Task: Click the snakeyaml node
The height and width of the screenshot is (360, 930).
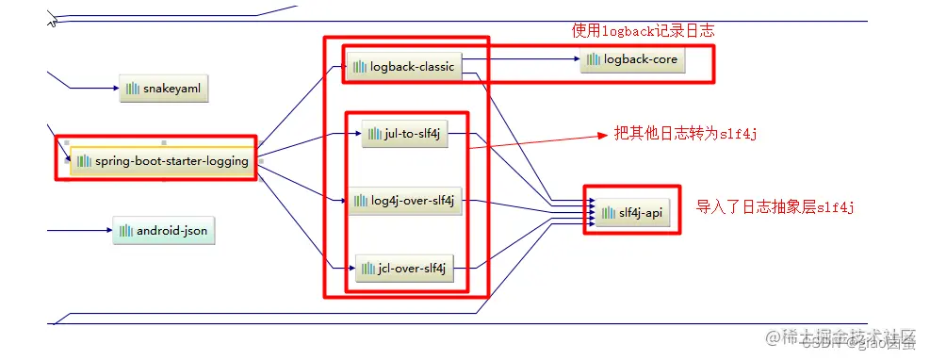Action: click(x=163, y=89)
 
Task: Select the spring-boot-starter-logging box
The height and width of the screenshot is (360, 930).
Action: click(x=161, y=160)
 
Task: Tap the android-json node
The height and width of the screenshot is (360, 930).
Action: click(x=165, y=230)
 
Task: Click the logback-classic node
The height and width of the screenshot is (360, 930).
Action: click(x=402, y=67)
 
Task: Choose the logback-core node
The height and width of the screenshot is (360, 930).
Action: click(x=631, y=60)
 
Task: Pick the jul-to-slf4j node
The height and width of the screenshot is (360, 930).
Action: click(x=404, y=134)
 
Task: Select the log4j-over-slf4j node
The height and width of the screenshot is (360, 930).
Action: click(x=405, y=201)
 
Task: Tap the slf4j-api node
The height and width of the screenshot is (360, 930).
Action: click(x=630, y=214)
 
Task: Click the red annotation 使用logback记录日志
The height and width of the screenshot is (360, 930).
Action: click(x=643, y=31)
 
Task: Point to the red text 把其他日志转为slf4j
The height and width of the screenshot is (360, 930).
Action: click(x=685, y=134)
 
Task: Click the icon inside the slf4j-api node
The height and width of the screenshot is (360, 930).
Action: click(x=607, y=214)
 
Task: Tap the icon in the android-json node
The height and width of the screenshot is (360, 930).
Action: click(x=125, y=230)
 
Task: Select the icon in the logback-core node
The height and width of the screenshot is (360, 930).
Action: click(x=593, y=60)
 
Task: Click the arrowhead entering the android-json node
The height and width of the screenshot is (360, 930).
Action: click(x=108, y=230)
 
